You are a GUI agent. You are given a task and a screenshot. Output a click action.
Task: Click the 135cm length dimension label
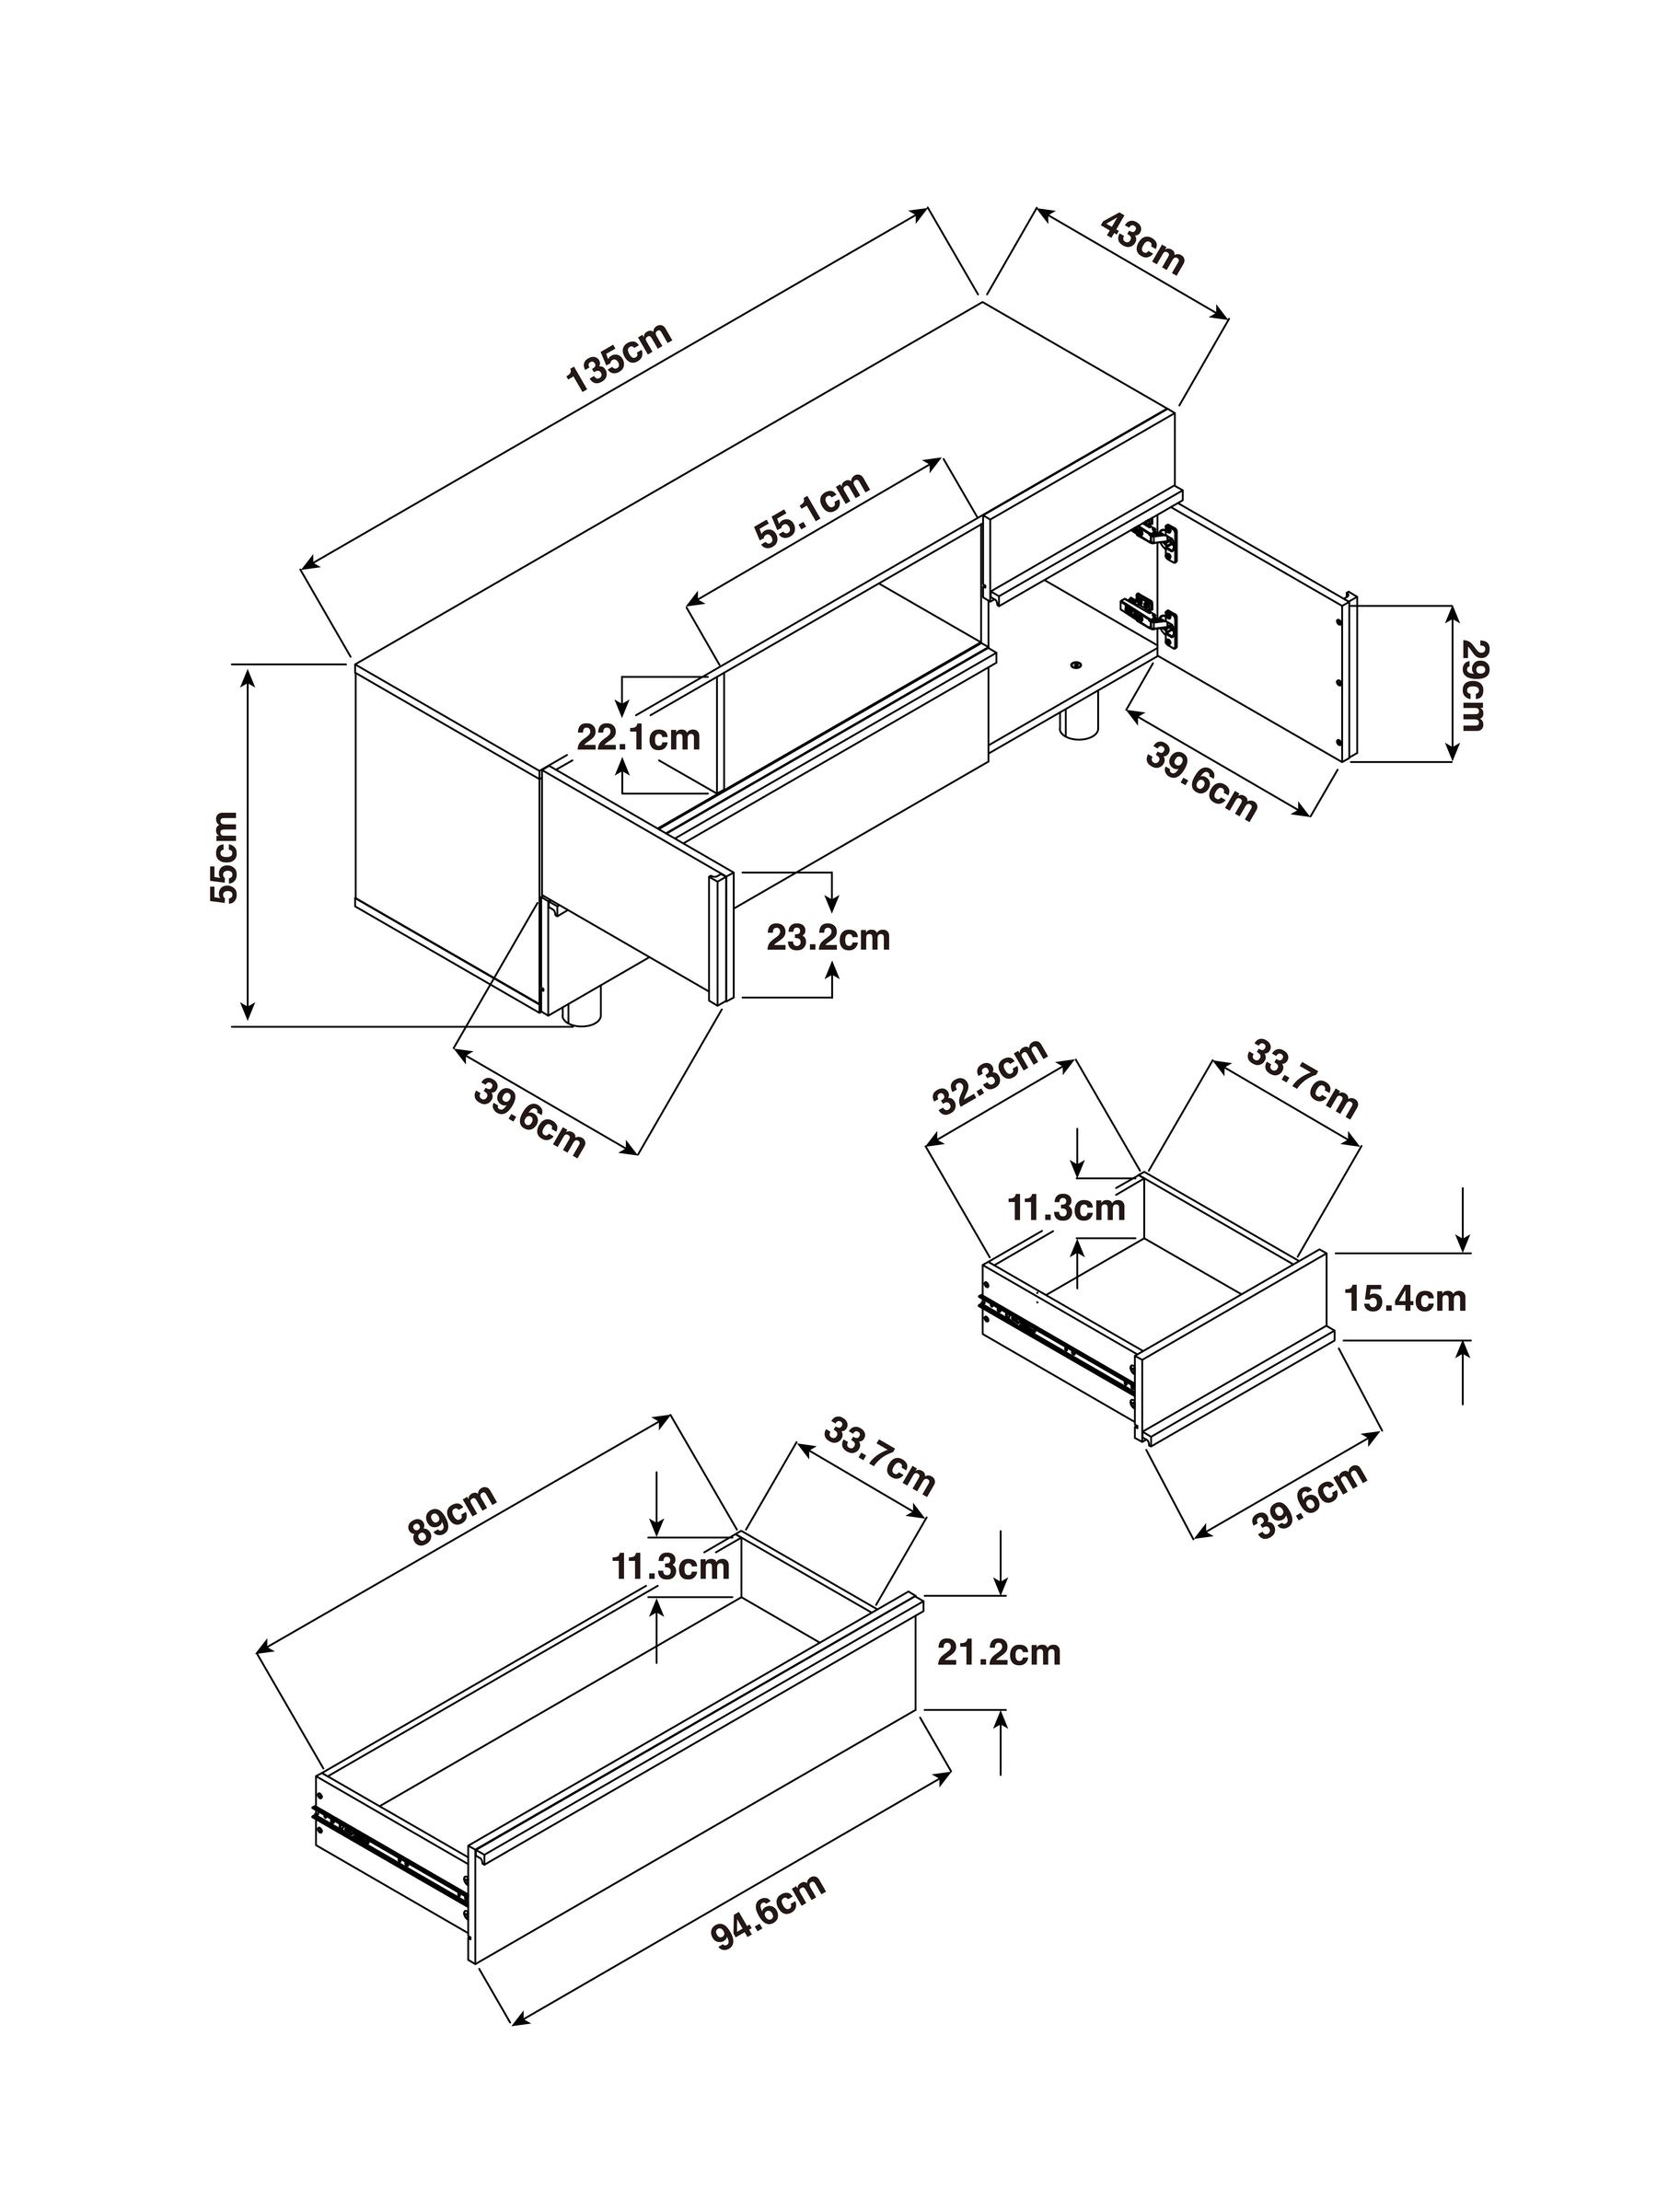click(619, 356)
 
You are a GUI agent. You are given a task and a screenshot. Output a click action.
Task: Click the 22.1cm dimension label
click(638, 738)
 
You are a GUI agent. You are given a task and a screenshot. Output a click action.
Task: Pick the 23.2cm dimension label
click(828, 938)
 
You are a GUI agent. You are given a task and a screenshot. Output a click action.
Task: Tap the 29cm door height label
click(1474, 685)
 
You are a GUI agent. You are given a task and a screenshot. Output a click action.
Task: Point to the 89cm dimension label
click(453, 1516)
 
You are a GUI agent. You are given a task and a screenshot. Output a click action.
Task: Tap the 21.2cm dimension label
click(998, 1652)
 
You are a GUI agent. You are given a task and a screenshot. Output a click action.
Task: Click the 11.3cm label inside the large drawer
click(670, 1566)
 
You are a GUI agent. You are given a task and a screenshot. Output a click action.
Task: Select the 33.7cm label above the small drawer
click(1302, 1081)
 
